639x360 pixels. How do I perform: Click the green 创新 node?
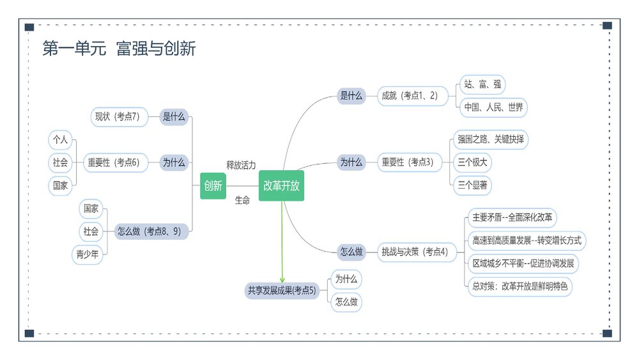tap(213, 186)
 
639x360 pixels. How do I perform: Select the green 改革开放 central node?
tap(281, 186)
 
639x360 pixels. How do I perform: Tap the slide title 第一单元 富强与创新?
tap(119, 49)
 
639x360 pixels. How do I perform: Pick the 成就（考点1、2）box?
tap(410, 96)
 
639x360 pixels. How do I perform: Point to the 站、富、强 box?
tap(482, 84)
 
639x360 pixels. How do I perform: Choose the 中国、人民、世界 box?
tap(493, 107)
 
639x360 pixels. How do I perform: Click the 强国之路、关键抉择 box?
tap(491, 139)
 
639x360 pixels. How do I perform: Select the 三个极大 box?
tap(472, 162)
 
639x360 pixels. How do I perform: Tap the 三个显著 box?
tap(472, 186)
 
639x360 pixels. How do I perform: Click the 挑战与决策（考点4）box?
tap(414, 252)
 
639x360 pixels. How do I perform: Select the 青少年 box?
tap(88, 254)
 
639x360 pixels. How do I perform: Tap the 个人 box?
tap(61, 139)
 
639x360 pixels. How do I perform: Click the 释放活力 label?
tap(241, 165)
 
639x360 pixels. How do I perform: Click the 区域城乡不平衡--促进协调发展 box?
tap(523, 263)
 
